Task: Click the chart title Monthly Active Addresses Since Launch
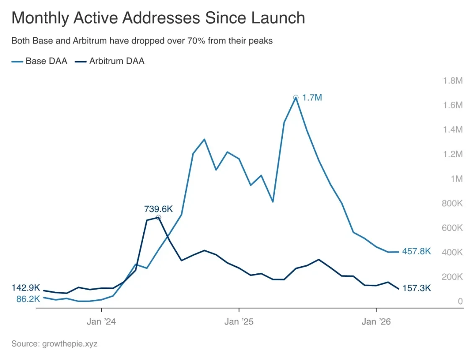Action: click(x=158, y=18)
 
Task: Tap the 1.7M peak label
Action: click(x=312, y=98)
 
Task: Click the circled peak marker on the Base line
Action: click(x=296, y=97)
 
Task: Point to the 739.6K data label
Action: click(x=158, y=208)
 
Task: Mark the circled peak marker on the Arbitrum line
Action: click(x=158, y=217)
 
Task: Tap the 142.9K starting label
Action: click(x=26, y=288)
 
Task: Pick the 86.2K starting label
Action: click(x=28, y=299)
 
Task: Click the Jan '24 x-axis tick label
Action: click(x=101, y=322)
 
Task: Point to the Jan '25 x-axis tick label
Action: click(x=239, y=322)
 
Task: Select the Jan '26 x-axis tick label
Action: click(x=376, y=322)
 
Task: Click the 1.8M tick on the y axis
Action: click(x=453, y=80)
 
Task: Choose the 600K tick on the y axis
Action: click(x=453, y=228)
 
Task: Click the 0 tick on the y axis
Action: click(x=460, y=301)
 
